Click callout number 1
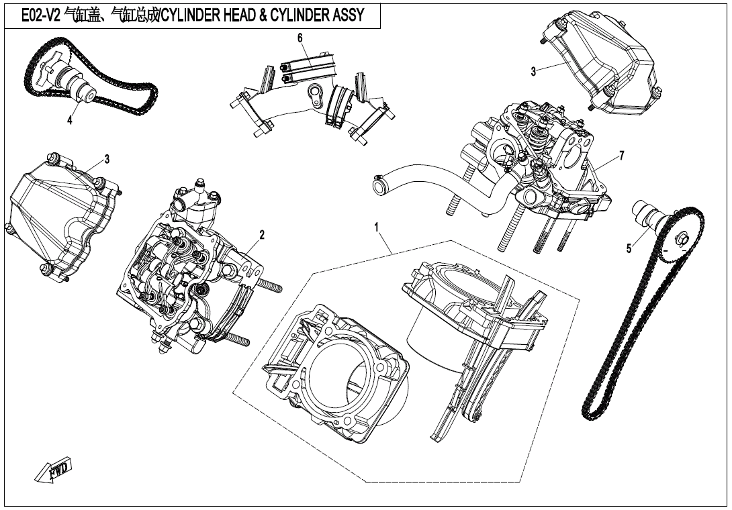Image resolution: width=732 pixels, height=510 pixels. pos(377,228)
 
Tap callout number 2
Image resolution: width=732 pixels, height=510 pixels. pos(262,234)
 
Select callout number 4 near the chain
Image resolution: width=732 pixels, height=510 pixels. pos(69,121)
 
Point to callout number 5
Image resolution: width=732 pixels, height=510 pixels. pos(629,248)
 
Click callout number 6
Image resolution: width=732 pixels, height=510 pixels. pos(301,38)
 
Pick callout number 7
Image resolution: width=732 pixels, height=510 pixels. pos(622,156)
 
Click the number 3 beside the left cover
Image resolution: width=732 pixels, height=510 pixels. pos(107,159)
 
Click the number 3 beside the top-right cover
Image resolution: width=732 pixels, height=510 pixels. pos(533,72)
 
